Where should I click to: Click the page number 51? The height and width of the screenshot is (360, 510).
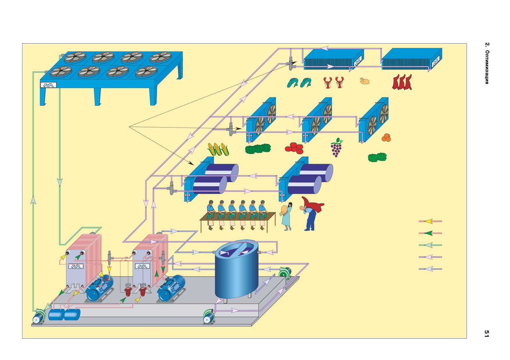click(x=486, y=333)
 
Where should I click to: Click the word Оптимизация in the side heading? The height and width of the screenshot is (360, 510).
click(x=487, y=67)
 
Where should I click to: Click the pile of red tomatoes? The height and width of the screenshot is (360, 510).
click(x=294, y=148)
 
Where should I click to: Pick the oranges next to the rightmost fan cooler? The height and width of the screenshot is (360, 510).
click(x=386, y=138)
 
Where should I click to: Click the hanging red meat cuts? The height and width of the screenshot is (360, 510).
click(x=402, y=82)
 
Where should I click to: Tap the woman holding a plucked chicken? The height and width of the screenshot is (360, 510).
click(x=286, y=216)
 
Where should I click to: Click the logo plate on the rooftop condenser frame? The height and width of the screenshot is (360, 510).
click(x=48, y=85)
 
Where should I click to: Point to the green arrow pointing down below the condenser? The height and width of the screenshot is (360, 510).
click(x=60, y=182)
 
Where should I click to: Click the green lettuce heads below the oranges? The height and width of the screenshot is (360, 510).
click(x=377, y=157)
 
